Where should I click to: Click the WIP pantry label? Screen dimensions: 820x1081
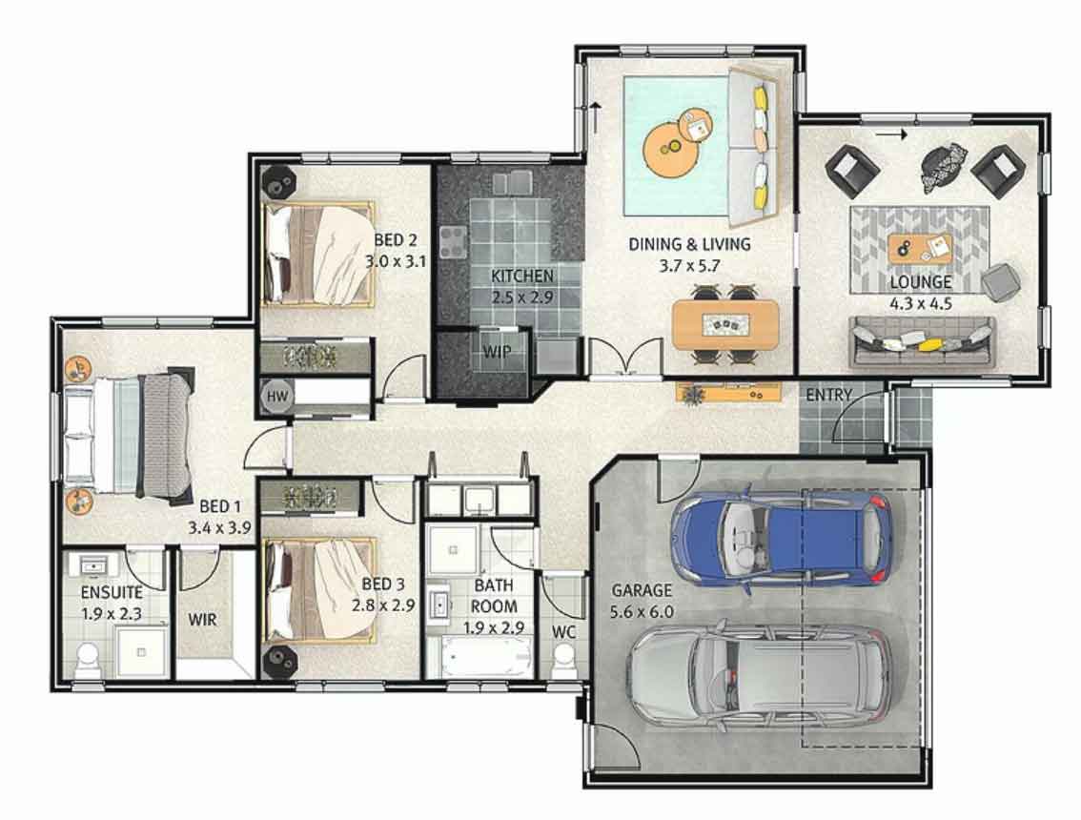pyautogui.click(x=497, y=352)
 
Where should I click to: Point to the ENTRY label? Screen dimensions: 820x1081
pyautogui.click(x=829, y=395)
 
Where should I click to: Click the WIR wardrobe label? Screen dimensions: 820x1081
pyautogui.click(x=202, y=620)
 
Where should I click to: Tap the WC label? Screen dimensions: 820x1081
pyautogui.click(x=563, y=631)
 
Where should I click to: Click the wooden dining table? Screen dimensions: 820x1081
pyautogui.click(x=725, y=324)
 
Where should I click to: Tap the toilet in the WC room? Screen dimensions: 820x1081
pyautogui.click(x=563, y=658)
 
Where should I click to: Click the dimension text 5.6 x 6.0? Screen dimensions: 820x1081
pyautogui.click(x=642, y=611)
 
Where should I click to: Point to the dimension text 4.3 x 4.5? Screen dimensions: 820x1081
pyautogui.click(x=922, y=304)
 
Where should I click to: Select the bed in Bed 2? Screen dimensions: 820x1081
pyautogui.click(x=317, y=254)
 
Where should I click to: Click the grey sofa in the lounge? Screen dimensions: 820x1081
pyautogui.click(x=922, y=342)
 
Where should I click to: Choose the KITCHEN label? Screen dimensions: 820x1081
pyautogui.click(x=522, y=277)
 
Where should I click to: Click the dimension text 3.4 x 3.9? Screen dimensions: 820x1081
pyautogui.click(x=218, y=524)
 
